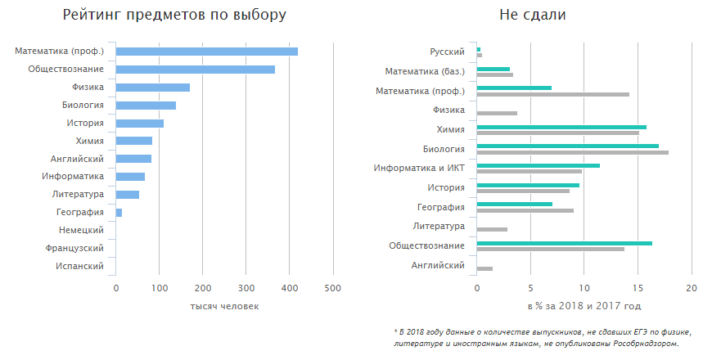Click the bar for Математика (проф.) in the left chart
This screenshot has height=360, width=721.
206,52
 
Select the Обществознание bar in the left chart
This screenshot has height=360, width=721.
195,70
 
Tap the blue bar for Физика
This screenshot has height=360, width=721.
152,88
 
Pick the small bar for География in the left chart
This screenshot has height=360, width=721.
119,213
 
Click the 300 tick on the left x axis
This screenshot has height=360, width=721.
246,288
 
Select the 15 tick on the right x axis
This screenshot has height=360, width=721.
638,288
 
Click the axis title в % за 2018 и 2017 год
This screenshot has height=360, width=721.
583,306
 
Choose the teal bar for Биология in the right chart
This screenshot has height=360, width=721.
567,146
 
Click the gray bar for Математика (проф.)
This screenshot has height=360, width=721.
552,94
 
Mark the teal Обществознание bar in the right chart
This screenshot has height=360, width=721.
564,243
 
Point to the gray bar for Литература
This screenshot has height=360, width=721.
492,229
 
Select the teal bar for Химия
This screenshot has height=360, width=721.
561,127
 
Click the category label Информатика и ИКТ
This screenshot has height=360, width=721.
419,168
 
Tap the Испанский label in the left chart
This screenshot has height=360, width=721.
79,267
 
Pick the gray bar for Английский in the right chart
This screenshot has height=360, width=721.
484,268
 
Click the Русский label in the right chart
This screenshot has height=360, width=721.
447,52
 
